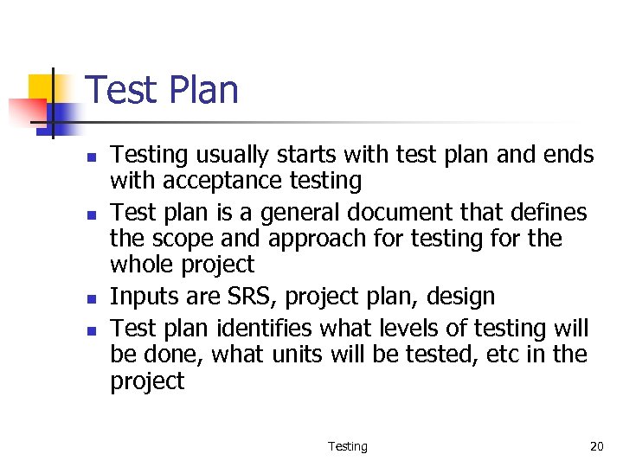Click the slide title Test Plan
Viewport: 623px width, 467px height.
point(162,91)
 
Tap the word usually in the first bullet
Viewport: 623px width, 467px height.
point(228,156)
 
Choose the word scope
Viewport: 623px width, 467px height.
point(190,239)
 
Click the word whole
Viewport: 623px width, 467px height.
point(147,265)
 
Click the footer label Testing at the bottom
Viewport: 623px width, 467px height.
point(347,446)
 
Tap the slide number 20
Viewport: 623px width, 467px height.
point(596,446)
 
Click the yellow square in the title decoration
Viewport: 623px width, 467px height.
point(41,86)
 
